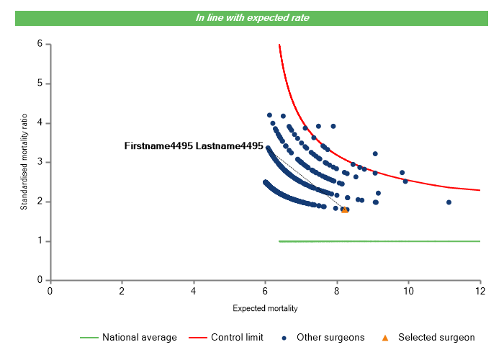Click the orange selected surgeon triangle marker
click(x=344, y=210)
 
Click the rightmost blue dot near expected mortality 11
click(x=449, y=202)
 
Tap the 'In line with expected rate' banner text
click(x=252, y=17)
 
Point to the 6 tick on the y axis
click(x=40, y=44)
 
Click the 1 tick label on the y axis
click(x=40, y=241)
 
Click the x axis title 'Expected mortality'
click(x=265, y=308)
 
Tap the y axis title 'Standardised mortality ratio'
click(x=24, y=162)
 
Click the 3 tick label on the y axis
click(x=40, y=162)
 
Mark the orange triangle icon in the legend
click(x=385, y=337)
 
